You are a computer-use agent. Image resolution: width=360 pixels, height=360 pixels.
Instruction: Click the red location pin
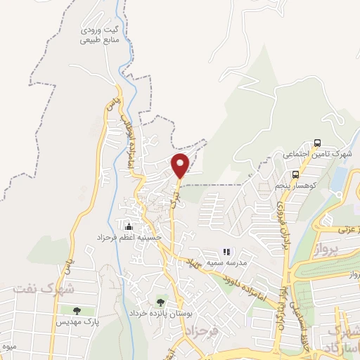181,165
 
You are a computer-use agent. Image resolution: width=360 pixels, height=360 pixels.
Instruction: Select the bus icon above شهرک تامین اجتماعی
318,142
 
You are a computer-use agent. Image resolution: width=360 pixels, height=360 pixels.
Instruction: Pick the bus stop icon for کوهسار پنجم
295,174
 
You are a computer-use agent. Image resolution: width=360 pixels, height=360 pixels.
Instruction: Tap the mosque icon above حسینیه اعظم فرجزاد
129,226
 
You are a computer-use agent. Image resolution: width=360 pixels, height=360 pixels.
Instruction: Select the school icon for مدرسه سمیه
226,251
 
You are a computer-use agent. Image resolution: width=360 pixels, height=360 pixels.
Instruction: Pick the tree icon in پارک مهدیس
77,310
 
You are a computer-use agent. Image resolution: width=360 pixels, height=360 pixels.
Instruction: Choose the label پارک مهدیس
73,321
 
